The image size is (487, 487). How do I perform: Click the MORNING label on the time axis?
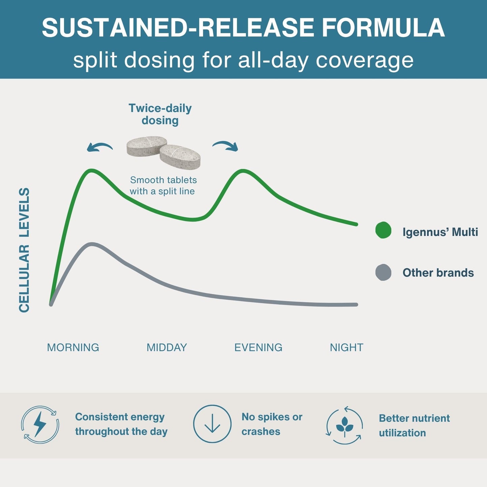(73, 347)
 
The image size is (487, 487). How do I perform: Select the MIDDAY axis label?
(167, 347)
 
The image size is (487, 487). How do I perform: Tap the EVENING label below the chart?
(258, 347)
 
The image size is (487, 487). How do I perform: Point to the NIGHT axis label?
(346, 347)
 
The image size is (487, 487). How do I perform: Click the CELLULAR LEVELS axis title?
(24, 250)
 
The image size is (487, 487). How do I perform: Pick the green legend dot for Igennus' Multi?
(383, 230)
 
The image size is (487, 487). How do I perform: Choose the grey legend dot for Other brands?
(383, 272)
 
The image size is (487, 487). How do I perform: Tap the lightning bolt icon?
(40, 424)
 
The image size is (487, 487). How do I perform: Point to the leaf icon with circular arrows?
(344, 425)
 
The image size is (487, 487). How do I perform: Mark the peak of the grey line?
(92, 244)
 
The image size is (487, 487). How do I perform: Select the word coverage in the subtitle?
(364, 61)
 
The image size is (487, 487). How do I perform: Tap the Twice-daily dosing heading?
(160, 114)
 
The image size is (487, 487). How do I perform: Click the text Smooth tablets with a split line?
(163, 185)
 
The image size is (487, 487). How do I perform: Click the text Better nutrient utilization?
(414, 426)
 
